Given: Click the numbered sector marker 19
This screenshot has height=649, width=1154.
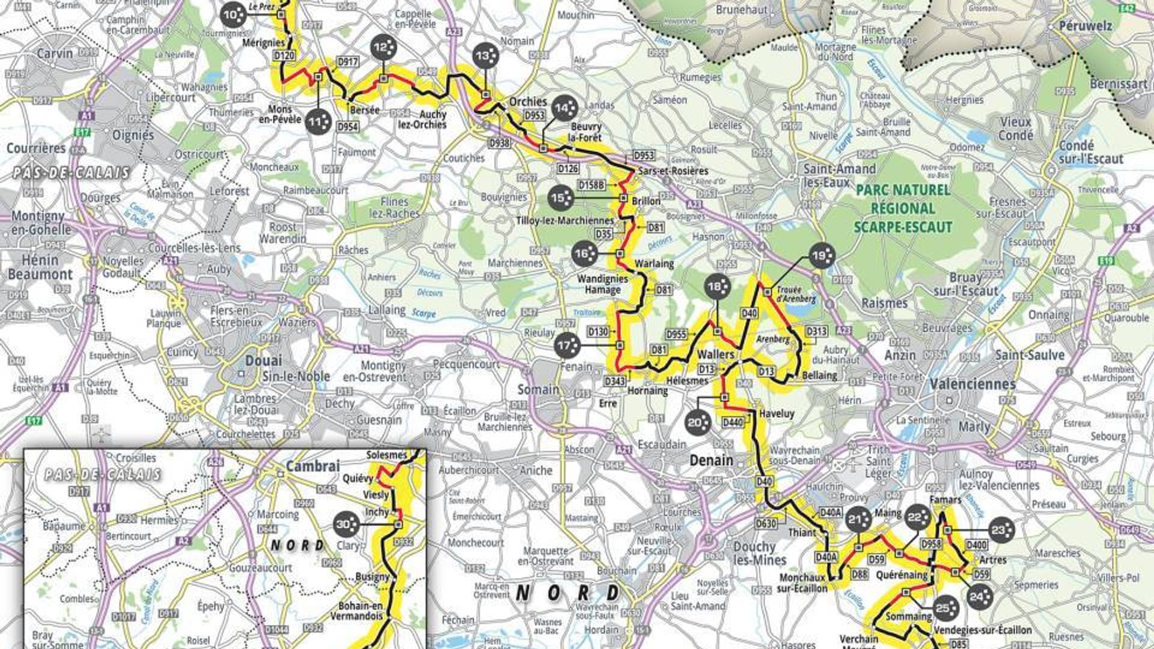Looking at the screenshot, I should tap(822, 256).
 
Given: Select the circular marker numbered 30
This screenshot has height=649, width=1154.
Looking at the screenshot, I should tap(346, 525).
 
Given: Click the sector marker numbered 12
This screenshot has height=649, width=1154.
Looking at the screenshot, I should tap(383, 48).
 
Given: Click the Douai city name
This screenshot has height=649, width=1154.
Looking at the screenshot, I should tap(263, 361).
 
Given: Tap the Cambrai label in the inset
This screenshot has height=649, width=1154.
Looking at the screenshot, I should tap(313, 466).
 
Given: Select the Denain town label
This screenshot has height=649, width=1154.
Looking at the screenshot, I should tap(711, 460).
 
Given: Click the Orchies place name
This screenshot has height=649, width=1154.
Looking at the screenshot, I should tap(528, 102).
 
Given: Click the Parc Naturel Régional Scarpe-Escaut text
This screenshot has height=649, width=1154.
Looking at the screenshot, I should tap(903, 209).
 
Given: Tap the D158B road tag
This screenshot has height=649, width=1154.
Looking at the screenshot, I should tap(591, 185).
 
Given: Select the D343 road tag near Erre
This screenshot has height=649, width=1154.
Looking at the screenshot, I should tap(615, 381).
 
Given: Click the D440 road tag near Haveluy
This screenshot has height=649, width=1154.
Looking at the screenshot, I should tap(733, 422).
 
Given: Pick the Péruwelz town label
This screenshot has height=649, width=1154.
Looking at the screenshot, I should tap(1085, 26).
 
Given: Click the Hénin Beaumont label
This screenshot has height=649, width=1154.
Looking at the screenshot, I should tap(40, 267).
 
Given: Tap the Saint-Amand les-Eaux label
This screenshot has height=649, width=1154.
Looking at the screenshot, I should tap(839, 175).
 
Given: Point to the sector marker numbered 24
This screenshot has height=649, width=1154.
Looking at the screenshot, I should tap(980, 596).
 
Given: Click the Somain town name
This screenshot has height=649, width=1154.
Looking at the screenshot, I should tap(538, 389).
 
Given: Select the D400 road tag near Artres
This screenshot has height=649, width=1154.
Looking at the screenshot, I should tap(976, 545).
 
